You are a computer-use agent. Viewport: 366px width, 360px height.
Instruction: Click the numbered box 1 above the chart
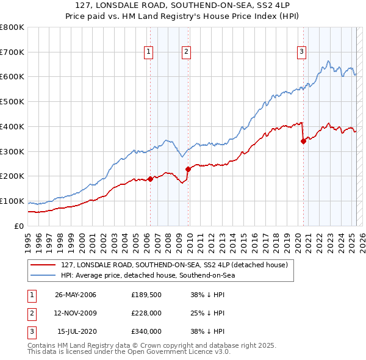point(149,52)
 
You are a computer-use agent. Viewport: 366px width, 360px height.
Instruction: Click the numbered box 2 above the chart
point(186,52)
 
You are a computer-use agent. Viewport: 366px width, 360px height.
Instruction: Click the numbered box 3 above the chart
point(301,52)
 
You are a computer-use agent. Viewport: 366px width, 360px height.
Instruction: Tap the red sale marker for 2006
point(150,179)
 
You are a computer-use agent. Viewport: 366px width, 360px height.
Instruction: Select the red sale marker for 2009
point(188,169)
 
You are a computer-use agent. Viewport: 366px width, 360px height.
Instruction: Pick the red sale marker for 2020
point(303,141)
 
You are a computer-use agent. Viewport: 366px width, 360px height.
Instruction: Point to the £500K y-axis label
point(12,101)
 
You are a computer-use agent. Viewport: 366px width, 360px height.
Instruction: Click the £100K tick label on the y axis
point(12,201)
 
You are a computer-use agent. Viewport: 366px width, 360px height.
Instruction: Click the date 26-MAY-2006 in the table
point(76,295)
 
